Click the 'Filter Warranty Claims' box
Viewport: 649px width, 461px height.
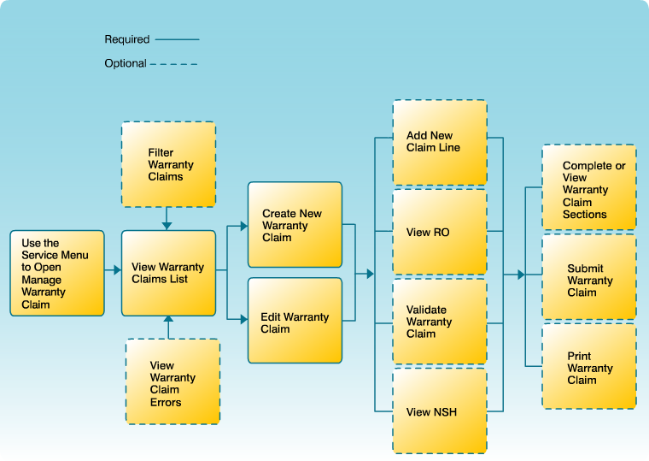click(x=168, y=164)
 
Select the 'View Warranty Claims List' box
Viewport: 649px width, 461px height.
click(x=168, y=273)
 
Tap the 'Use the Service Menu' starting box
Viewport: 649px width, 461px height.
click(x=57, y=273)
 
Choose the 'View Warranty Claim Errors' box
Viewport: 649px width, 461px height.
click(x=172, y=381)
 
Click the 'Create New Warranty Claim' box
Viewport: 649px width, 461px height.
click(x=295, y=225)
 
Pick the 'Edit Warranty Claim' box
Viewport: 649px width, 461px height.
click(x=295, y=321)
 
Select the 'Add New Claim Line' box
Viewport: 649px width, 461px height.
click(x=440, y=142)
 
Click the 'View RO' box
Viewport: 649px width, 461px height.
click(x=440, y=232)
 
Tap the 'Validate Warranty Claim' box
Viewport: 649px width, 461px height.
click(x=440, y=322)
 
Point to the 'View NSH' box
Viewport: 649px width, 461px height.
click(x=440, y=411)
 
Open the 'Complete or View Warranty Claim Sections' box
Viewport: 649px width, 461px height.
click(x=589, y=187)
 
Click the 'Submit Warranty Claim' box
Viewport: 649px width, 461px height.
click(x=589, y=279)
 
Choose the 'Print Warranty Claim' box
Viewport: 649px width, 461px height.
click(x=589, y=366)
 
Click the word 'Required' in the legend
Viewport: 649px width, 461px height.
click(x=127, y=39)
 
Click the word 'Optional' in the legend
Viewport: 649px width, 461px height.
click(x=126, y=63)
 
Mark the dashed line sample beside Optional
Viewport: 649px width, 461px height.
click(x=174, y=63)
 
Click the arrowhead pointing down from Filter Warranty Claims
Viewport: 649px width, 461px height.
click(x=167, y=225)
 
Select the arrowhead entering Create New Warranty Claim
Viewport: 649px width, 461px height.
click(x=243, y=226)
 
